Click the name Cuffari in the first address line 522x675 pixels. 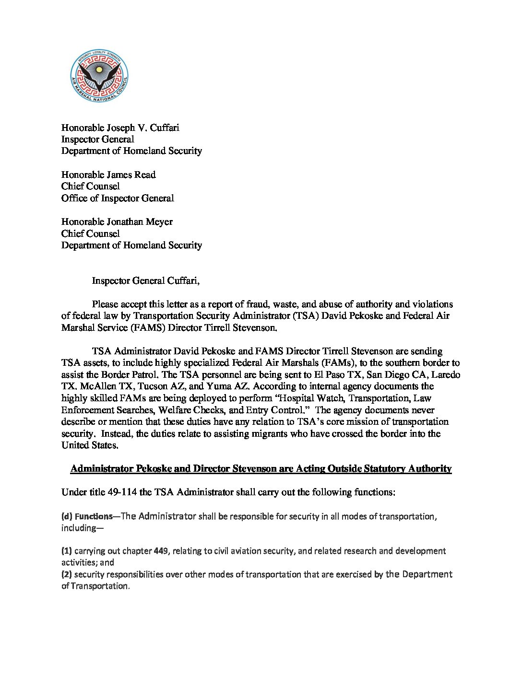point(165,128)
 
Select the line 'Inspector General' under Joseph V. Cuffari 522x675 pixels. point(97,140)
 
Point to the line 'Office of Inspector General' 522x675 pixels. point(118,198)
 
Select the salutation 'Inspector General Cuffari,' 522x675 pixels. point(145,281)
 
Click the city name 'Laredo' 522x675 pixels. point(445,375)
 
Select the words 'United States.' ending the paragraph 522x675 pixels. point(90,445)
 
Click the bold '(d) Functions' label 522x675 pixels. point(87,516)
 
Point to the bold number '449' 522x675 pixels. point(160,551)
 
